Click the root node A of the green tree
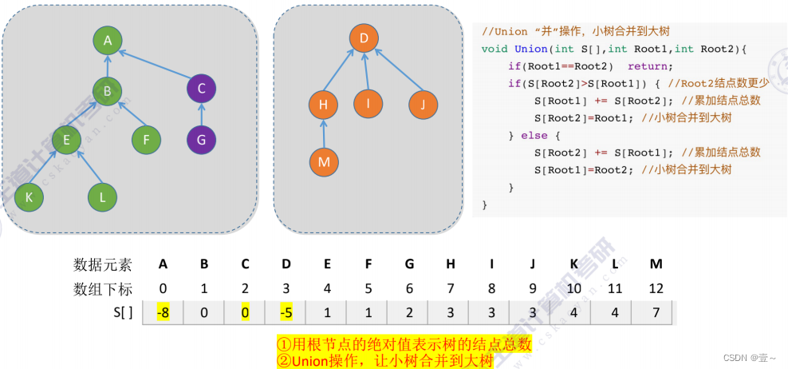(x=107, y=40)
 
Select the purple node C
(x=201, y=88)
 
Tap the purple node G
(x=201, y=141)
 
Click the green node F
(x=147, y=141)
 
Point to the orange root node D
(x=363, y=38)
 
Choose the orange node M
(x=323, y=162)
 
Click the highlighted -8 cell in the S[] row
(x=163, y=312)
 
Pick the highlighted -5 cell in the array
(x=286, y=312)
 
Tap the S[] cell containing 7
(x=655, y=312)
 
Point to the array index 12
(x=655, y=288)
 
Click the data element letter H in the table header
(x=451, y=264)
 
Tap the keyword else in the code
(x=534, y=136)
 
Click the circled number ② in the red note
(x=284, y=361)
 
